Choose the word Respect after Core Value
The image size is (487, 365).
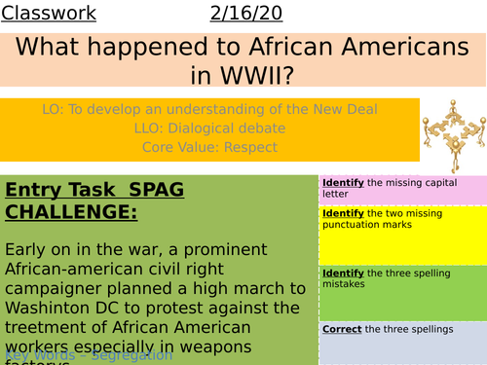pyautogui.click(x=243, y=147)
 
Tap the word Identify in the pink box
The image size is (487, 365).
pyautogui.click(x=344, y=182)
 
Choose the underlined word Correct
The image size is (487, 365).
pyautogui.click(x=342, y=330)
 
